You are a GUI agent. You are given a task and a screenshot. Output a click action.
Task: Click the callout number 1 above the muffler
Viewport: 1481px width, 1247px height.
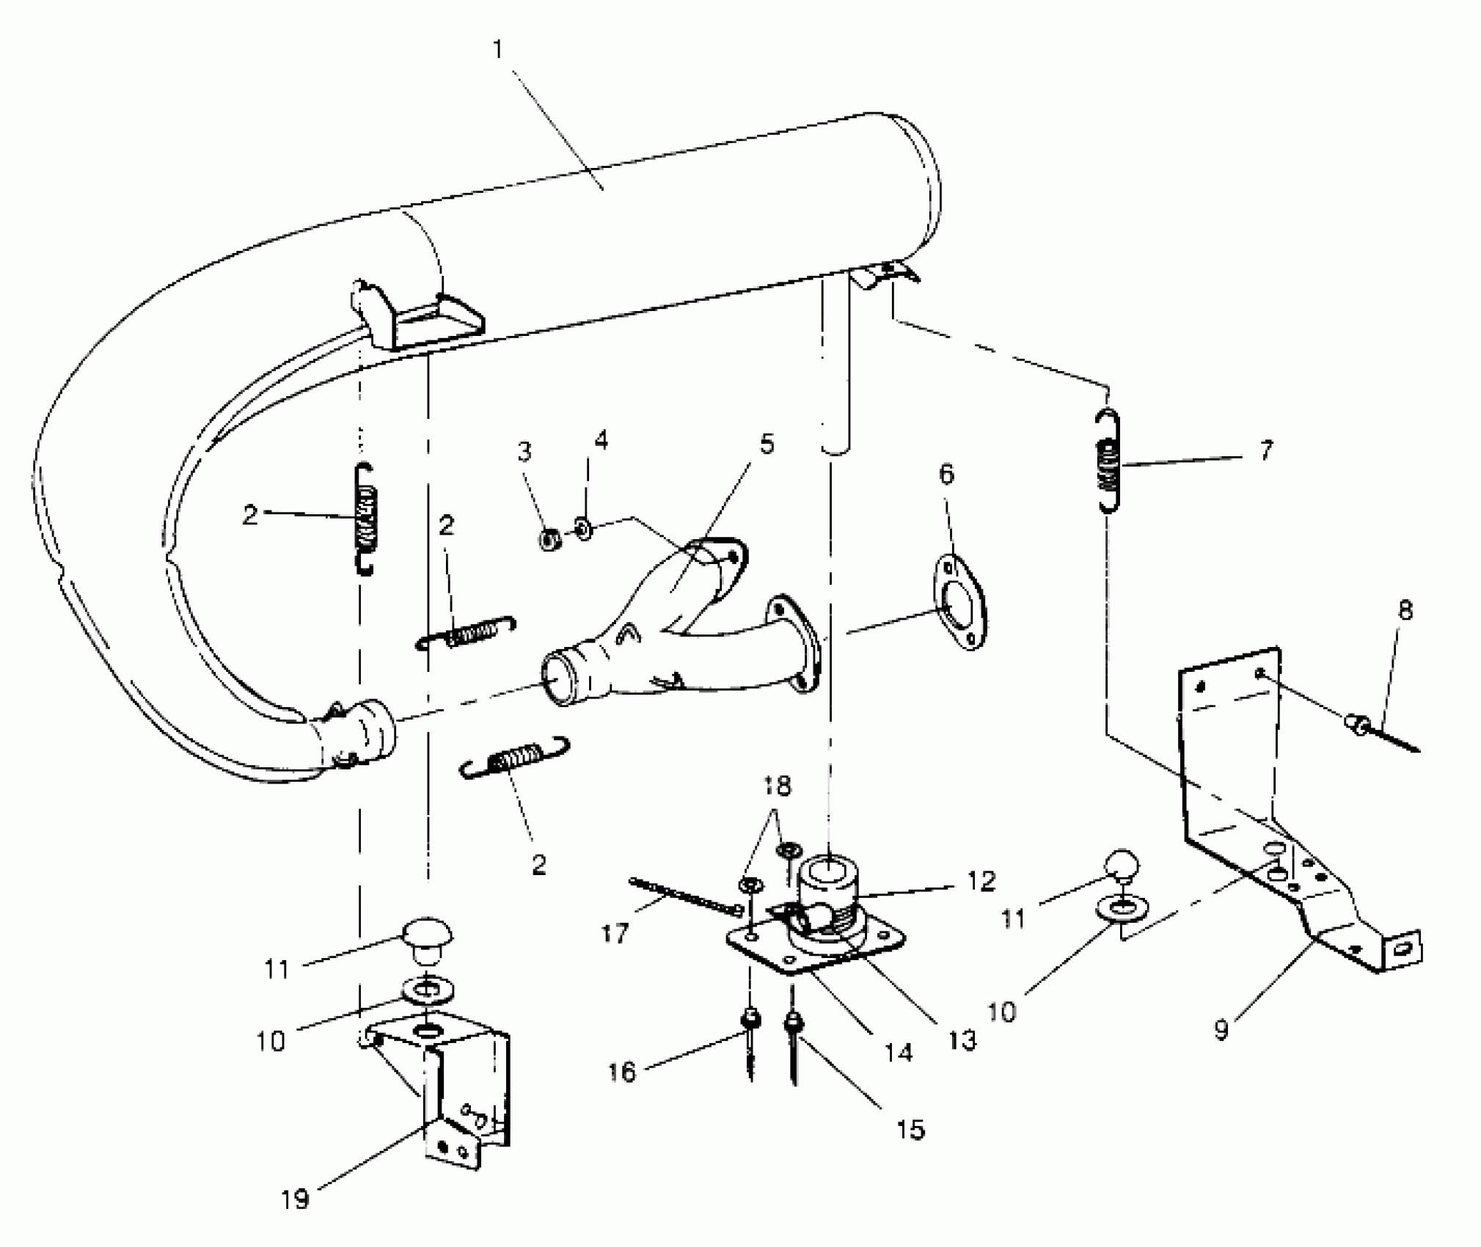(498, 50)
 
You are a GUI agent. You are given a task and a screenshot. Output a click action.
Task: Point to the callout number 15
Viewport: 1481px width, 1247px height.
(910, 1130)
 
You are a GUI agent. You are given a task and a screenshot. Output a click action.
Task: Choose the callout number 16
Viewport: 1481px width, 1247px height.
(621, 1072)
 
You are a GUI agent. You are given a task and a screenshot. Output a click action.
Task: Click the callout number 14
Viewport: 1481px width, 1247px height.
(898, 1053)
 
